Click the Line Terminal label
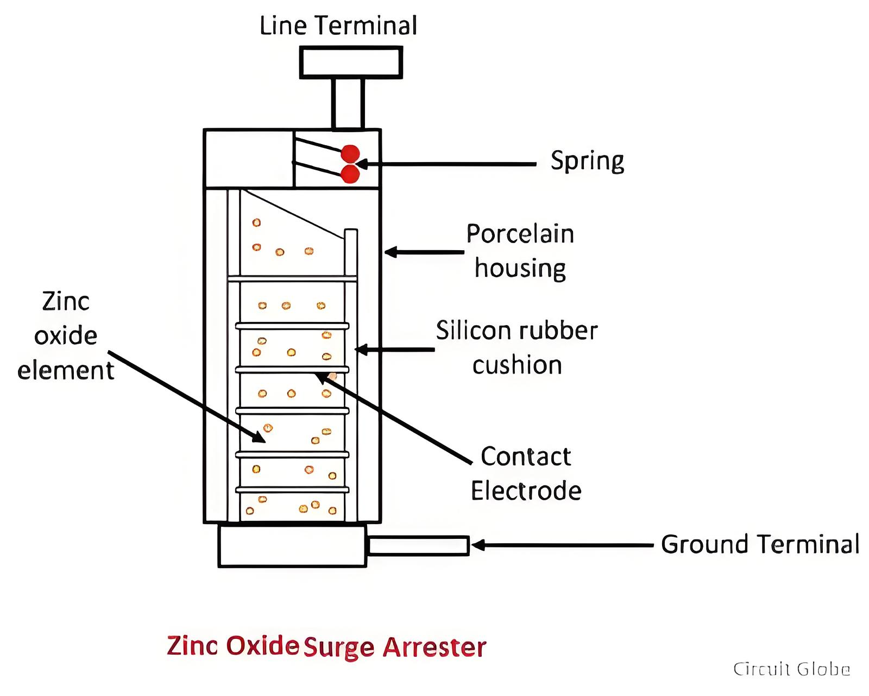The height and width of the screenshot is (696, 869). coord(338,26)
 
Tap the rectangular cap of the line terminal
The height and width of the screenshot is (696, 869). coord(351,63)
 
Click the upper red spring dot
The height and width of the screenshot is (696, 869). coord(350,154)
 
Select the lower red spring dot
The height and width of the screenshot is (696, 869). coord(350,173)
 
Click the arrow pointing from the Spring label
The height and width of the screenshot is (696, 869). coord(446,164)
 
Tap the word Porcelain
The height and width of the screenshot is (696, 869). coord(520,234)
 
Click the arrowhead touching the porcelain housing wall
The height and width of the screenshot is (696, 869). coord(391,252)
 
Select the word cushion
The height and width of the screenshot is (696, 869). coord(517,365)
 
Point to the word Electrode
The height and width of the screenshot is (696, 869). coord(526,491)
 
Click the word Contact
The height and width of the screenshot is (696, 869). coord(526,457)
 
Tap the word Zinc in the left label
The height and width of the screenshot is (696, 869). coord(66,301)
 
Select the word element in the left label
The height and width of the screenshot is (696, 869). coord(66,370)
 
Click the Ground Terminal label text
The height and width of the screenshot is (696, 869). coord(760,544)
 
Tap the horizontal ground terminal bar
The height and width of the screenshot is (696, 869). coord(418,545)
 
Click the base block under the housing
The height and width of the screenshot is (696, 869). coord(292,545)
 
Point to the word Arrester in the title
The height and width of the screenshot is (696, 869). coord(434,647)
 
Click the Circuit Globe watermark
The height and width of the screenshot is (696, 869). coord(792,669)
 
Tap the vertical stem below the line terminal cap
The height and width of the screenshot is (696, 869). coord(348,103)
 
